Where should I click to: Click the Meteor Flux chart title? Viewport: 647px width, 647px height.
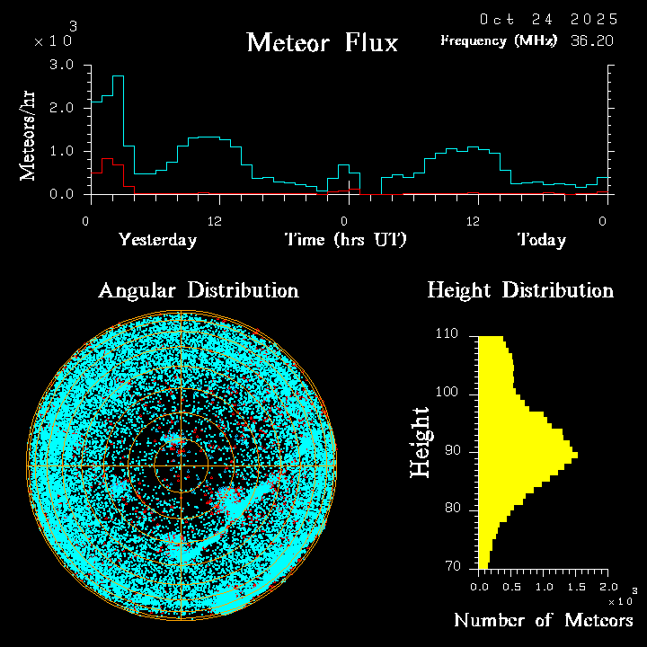click(x=322, y=42)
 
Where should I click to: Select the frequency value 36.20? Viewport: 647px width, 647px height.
click(x=593, y=40)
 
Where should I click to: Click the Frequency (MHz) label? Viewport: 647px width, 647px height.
click(x=499, y=40)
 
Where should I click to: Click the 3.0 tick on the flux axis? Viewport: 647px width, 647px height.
click(x=62, y=66)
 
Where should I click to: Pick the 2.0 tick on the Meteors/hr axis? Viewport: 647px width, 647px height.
click(x=62, y=109)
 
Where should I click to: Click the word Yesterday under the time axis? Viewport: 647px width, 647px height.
click(x=157, y=240)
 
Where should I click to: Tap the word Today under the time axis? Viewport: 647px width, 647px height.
click(x=541, y=240)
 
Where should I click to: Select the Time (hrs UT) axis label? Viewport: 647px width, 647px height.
click(x=346, y=240)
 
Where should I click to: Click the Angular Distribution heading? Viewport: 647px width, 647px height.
click(x=198, y=290)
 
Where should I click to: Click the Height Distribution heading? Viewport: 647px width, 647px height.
click(x=519, y=290)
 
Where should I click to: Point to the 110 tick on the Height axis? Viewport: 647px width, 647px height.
click(x=446, y=334)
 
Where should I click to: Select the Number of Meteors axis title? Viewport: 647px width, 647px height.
click(x=544, y=620)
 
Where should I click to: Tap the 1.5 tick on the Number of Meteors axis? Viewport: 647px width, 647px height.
click(x=577, y=587)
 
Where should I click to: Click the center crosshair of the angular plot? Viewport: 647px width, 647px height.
click(x=181, y=465)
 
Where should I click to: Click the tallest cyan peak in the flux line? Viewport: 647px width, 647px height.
click(x=118, y=77)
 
